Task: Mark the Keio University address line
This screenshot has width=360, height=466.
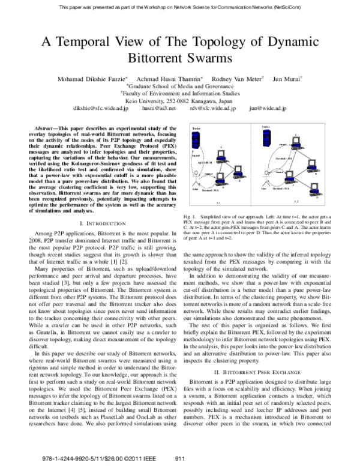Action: pyautogui.click(x=180, y=100)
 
